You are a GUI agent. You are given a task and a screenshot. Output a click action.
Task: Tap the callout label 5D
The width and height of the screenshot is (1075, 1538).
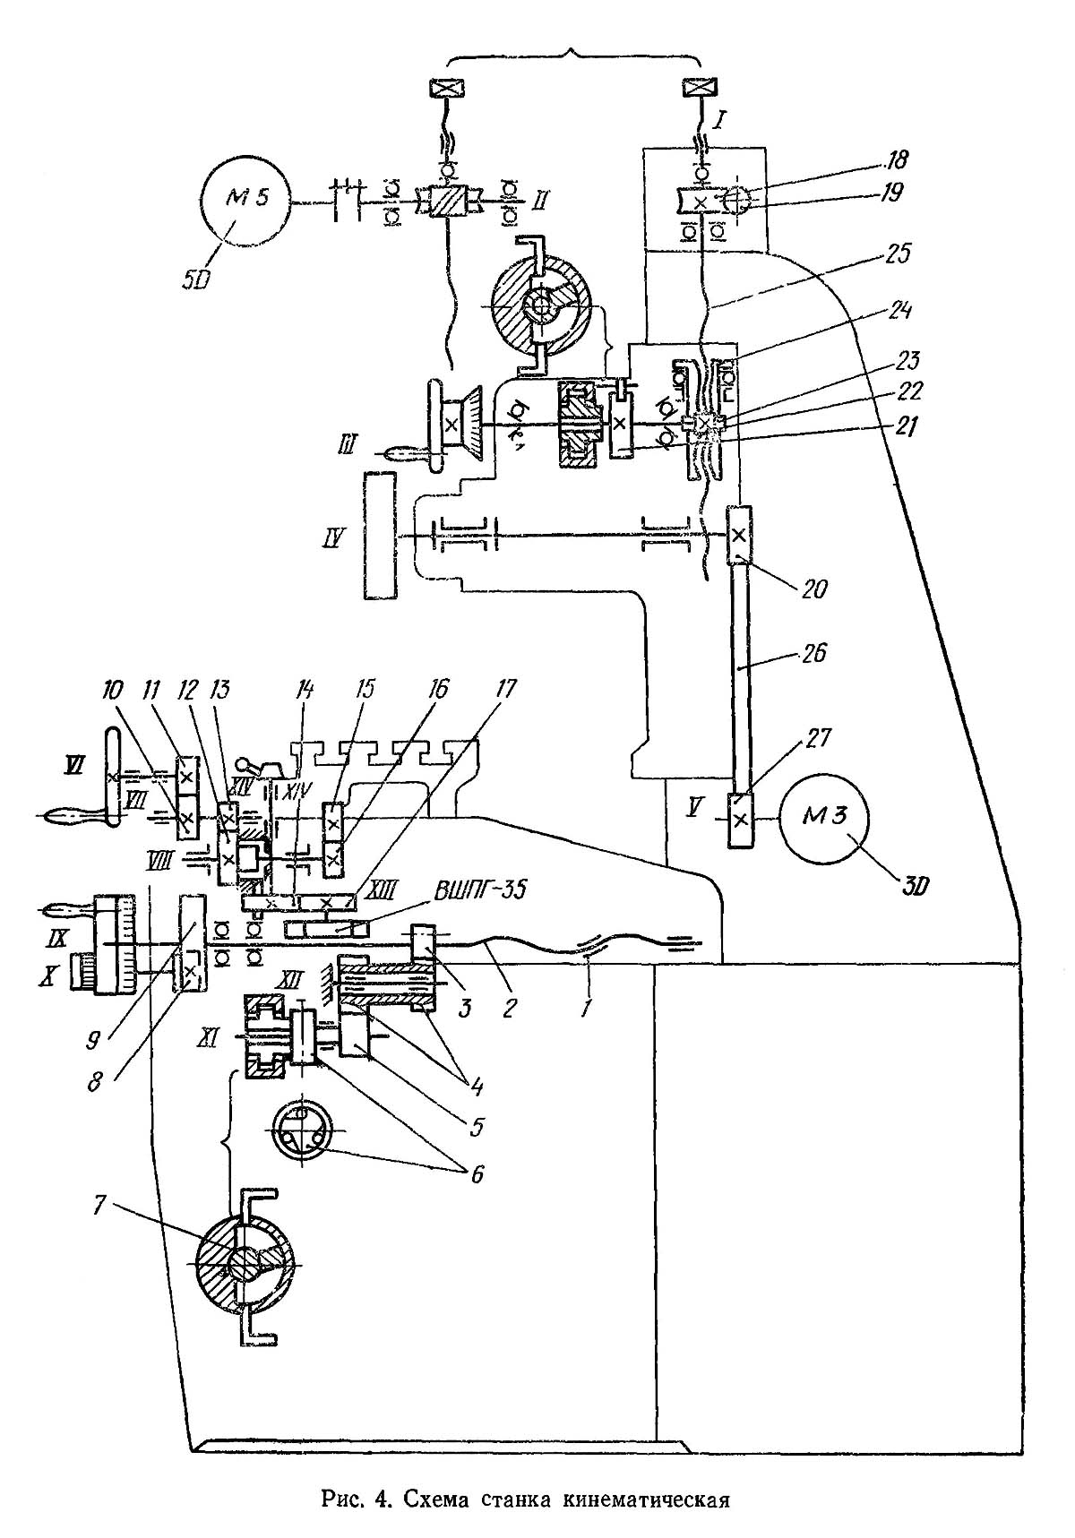click(x=196, y=279)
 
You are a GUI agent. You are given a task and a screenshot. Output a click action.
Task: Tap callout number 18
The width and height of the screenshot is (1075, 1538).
click(x=896, y=161)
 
